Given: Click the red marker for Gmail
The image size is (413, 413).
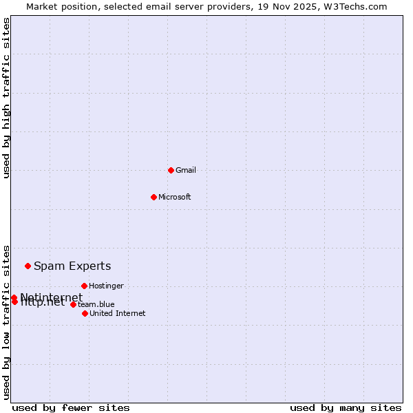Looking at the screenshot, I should [x=171, y=170].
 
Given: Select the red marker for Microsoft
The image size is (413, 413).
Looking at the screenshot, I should [x=153, y=197].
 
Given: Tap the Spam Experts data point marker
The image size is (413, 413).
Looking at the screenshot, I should [x=28, y=266].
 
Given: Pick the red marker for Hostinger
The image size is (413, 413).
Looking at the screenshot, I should [x=84, y=286].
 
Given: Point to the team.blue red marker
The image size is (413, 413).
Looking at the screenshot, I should [x=73, y=304].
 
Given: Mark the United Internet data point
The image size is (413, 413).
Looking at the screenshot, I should [x=85, y=313].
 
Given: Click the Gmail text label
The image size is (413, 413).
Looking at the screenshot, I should [x=186, y=170].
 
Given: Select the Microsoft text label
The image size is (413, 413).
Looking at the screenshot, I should [x=175, y=197].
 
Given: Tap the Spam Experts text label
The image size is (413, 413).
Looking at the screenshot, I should [x=72, y=266].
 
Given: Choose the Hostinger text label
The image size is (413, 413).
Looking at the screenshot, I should [x=106, y=286].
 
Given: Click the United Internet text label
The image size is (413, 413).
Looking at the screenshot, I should [x=118, y=313].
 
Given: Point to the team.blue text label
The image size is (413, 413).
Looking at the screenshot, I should [x=96, y=304].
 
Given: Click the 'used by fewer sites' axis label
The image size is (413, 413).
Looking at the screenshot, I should [x=71, y=407].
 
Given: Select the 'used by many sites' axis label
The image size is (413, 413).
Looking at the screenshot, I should [x=346, y=407].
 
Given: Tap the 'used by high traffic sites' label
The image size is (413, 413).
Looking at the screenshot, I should [x=7, y=98].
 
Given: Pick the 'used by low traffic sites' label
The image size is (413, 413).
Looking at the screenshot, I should [x=7, y=321].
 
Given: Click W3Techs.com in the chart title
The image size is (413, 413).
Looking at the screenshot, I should [x=359, y=6].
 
